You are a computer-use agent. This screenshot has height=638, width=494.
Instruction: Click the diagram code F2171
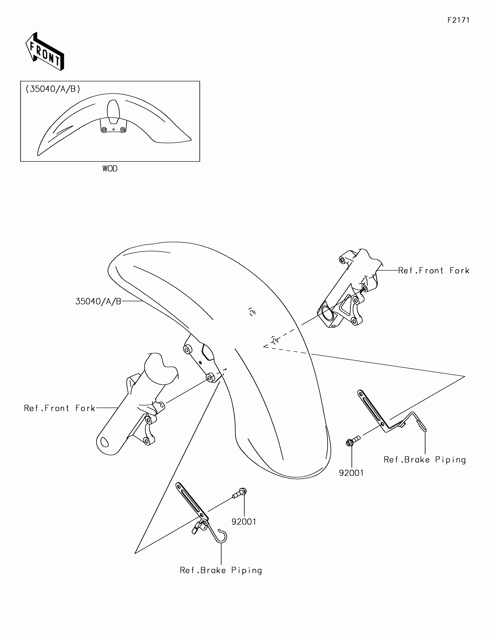458,20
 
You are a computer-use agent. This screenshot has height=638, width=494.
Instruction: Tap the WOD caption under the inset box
110,169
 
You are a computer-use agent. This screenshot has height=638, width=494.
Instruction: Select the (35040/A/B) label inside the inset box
53,89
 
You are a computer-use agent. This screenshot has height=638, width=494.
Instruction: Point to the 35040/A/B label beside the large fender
98,302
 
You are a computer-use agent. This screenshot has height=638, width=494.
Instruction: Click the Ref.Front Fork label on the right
433,271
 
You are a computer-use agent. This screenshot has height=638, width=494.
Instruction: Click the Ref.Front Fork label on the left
60,408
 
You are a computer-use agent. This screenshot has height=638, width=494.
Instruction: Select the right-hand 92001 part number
351,482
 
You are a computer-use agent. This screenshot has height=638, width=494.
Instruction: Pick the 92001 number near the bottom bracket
244,522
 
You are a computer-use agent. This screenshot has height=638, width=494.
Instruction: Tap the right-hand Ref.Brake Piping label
425,468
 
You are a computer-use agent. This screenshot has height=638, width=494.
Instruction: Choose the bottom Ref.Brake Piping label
221,570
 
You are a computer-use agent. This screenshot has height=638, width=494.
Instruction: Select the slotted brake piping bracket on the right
372,411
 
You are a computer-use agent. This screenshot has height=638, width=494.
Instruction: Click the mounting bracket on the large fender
201,358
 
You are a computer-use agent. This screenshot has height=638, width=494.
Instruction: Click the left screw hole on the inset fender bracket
104,130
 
